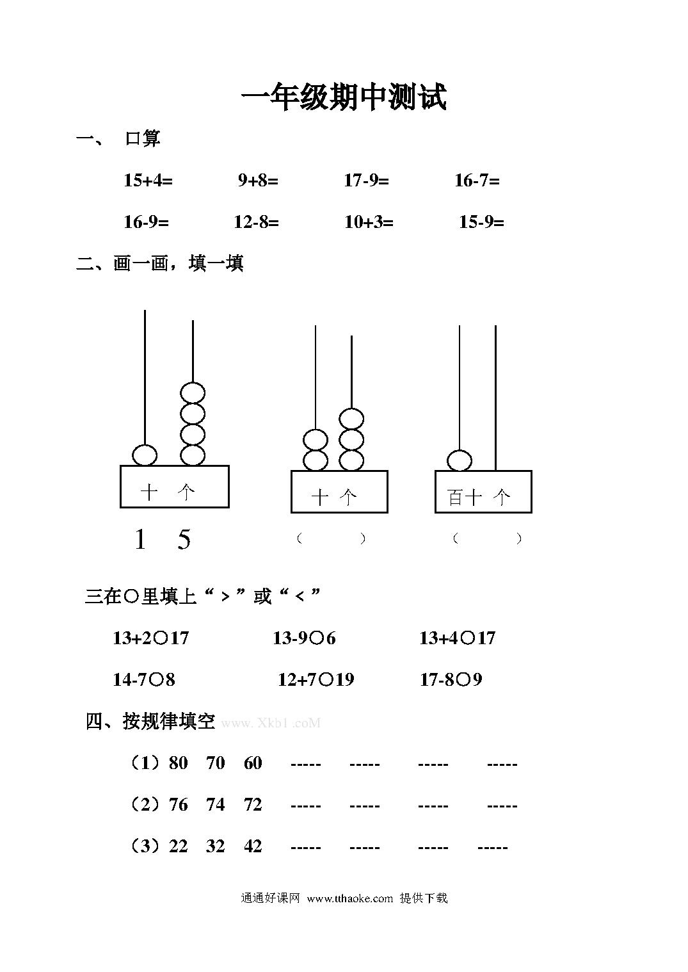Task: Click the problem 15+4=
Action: [x=148, y=180]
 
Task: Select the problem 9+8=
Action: [x=258, y=180]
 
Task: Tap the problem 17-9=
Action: [x=367, y=180]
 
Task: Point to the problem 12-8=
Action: [x=257, y=222]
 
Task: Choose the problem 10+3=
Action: [x=369, y=222]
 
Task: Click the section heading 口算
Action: [x=143, y=138]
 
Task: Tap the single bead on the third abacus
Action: [x=460, y=460]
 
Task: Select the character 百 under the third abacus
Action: [x=455, y=498]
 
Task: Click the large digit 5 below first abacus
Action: [x=184, y=539]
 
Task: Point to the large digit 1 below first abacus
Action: [x=140, y=539]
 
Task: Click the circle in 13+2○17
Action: [x=161, y=638]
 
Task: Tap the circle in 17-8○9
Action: [x=463, y=679]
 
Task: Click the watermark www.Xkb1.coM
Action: [x=271, y=723]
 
